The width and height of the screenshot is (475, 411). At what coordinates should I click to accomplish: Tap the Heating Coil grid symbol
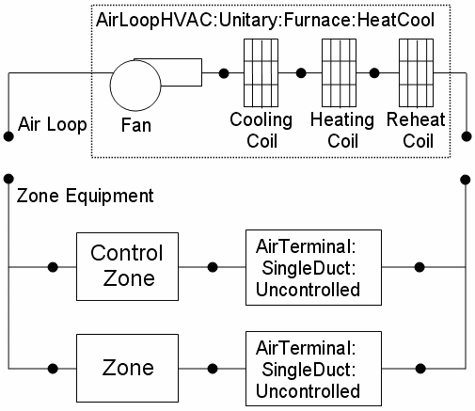click(x=337, y=72)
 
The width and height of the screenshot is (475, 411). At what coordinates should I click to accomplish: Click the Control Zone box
click(x=126, y=266)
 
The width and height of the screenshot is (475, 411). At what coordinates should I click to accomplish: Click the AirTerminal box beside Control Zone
click(x=307, y=266)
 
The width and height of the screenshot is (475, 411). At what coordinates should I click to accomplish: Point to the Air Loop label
click(x=54, y=122)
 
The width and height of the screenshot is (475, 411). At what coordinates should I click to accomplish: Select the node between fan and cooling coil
click(x=224, y=72)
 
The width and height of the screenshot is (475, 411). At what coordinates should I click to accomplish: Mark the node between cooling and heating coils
click(x=300, y=72)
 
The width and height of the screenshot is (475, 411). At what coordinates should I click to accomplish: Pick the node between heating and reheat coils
click(x=374, y=72)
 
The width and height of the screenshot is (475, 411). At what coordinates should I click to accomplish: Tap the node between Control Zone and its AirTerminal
click(x=215, y=266)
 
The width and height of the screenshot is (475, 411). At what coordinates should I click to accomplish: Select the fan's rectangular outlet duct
click(x=182, y=72)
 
